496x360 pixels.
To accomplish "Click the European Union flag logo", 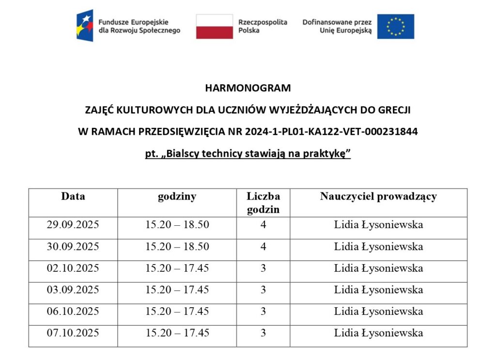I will (396, 27).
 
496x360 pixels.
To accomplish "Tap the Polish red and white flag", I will (214, 27).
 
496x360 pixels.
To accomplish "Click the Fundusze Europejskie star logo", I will (85, 26).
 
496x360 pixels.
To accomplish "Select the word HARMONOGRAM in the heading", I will (248, 88).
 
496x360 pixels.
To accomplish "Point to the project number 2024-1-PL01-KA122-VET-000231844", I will (331, 132).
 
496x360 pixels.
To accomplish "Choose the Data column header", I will (73, 196).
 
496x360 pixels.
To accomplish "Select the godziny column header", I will (177, 196).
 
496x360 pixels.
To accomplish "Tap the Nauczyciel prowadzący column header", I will (378, 196).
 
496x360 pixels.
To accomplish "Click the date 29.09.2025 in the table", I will (73, 225).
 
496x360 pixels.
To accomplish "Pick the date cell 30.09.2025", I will (73, 247).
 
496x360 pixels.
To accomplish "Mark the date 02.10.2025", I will (73, 268).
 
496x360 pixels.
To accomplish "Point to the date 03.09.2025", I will (73, 290).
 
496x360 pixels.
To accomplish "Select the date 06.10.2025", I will (73, 311).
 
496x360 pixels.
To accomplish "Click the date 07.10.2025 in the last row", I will (73, 333).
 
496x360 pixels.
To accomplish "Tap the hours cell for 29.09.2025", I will (177, 225).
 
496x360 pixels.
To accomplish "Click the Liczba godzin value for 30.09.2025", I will (263, 247).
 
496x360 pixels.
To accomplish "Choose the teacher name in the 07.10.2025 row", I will (378, 333).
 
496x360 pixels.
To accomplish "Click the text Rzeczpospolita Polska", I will (263, 26).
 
